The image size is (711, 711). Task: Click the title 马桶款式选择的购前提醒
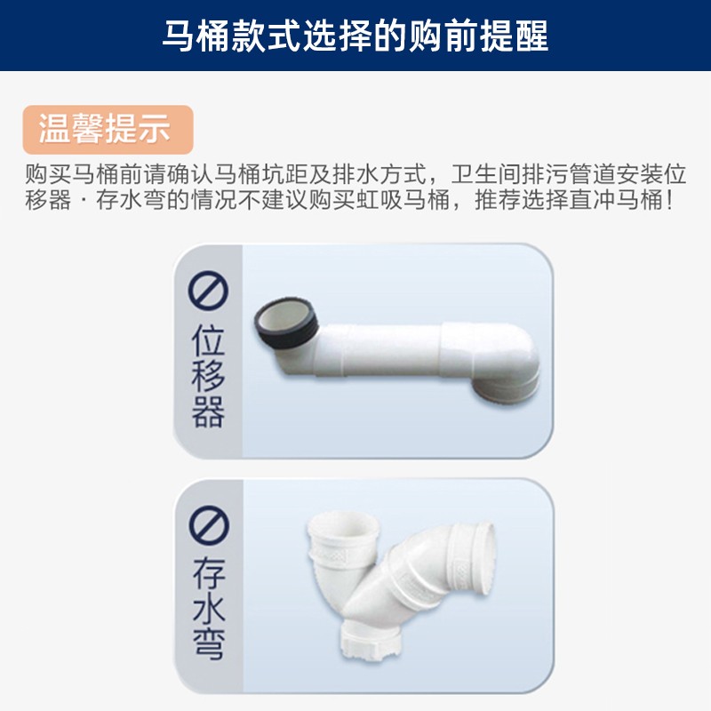tap(355, 36)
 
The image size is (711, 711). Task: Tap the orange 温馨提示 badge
tap(108, 129)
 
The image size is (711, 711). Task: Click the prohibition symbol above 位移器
tap(208, 291)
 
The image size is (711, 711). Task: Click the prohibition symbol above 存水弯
tap(209, 525)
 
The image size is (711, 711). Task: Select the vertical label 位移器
tap(208, 376)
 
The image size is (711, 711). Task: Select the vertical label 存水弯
tap(209, 608)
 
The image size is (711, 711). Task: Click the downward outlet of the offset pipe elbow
tap(506, 391)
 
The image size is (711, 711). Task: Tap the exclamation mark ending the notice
tap(669, 199)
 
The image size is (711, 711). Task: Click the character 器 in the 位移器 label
tap(208, 411)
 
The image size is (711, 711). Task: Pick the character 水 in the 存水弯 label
tap(209, 608)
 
